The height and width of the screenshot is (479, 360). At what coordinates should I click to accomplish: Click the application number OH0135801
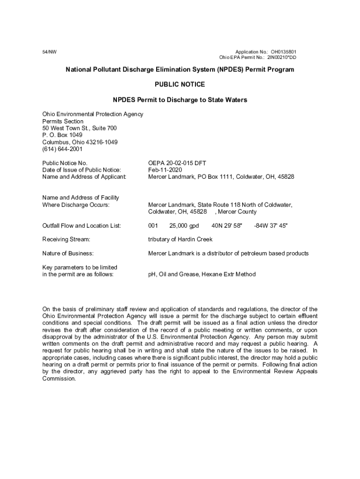click(x=283, y=51)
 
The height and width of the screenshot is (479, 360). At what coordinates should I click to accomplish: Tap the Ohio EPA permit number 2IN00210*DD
click(x=281, y=58)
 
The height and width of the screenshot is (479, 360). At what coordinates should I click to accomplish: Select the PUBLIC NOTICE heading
click(x=180, y=85)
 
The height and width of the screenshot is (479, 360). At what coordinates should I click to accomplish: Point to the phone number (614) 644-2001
click(x=62, y=149)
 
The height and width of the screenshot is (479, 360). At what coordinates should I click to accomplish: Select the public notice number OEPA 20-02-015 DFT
click(x=177, y=163)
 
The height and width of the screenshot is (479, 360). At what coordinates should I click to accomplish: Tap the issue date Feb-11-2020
click(x=165, y=170)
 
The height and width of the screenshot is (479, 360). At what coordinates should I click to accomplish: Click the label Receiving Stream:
click(x=66, y=239)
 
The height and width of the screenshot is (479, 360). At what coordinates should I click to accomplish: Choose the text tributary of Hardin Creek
click(x=180, y=239)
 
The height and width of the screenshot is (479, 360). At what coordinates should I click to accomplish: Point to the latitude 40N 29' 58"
click(x=227, y=226)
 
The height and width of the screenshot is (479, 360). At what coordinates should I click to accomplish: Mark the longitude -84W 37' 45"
click(x=271, y=226)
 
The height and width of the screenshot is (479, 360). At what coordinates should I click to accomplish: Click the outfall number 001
click(x=153, y=226)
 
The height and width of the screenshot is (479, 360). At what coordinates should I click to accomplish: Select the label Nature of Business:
click(x=68, y=254)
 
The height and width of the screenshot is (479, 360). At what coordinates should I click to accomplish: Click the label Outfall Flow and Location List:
click(x=81, y=226)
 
